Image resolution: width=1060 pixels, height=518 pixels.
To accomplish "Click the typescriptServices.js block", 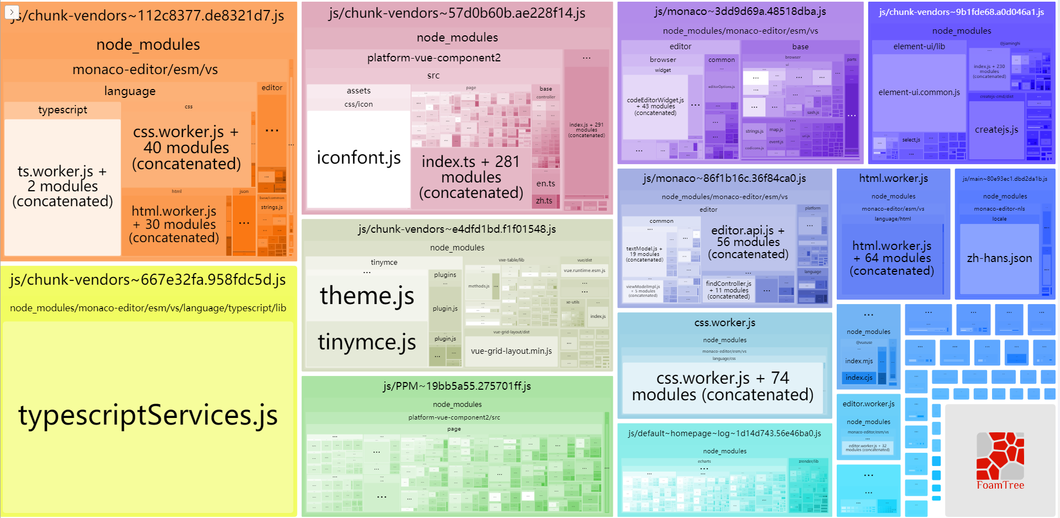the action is pos(148,416).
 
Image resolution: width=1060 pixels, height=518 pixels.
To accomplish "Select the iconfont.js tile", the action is pos(359,158).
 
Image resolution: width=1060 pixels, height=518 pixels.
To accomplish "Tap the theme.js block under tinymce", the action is pos(367,295).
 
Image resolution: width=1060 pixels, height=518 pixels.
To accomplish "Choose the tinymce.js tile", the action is pos(367,343).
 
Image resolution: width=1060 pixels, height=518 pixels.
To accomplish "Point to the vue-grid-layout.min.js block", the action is pos(511,351).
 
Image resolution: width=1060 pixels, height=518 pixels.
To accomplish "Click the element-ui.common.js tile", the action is pos(919,92).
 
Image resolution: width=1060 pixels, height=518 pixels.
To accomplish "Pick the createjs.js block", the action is pos(996,130).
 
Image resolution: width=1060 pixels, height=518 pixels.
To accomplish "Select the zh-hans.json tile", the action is pos(999,258).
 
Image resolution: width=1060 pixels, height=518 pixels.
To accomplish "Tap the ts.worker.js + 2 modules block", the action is pos(62,186).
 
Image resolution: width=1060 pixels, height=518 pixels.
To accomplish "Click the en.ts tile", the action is pos(545,184).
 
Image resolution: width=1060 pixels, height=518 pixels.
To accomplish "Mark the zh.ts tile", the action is pos(544,201).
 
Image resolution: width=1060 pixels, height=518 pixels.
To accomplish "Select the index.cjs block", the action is pos(859,378).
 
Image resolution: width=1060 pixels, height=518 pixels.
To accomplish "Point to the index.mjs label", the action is pos(859,361).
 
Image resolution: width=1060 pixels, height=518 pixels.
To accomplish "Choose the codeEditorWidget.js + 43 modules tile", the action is pos(655,106).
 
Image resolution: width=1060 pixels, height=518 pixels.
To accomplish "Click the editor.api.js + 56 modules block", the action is pos(748,242).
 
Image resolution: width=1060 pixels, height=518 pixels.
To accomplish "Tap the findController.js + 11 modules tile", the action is pos(728,290).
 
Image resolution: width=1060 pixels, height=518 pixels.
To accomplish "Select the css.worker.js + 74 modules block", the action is pos(723,386).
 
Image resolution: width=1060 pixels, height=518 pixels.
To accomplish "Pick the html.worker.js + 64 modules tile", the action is pos(891,258).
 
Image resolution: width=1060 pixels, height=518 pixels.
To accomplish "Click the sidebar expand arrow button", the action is pos(12,12).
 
